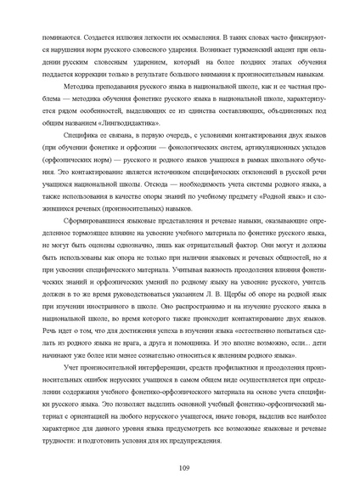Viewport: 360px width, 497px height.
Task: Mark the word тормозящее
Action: coord(87,229)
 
